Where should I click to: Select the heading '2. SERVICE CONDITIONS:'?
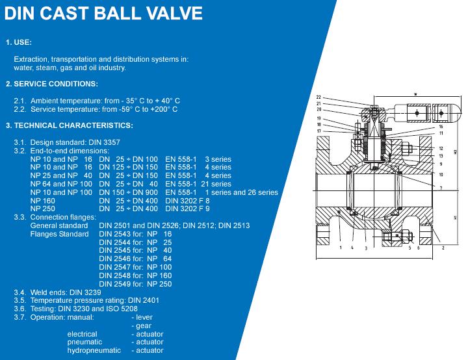tap(51, 84)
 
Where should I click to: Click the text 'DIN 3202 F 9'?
tap(187, 209)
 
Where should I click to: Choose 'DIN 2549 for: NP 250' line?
tap(135, 284)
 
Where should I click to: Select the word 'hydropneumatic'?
tap(94, 350)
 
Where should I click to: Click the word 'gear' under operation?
tap(144, 326)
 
